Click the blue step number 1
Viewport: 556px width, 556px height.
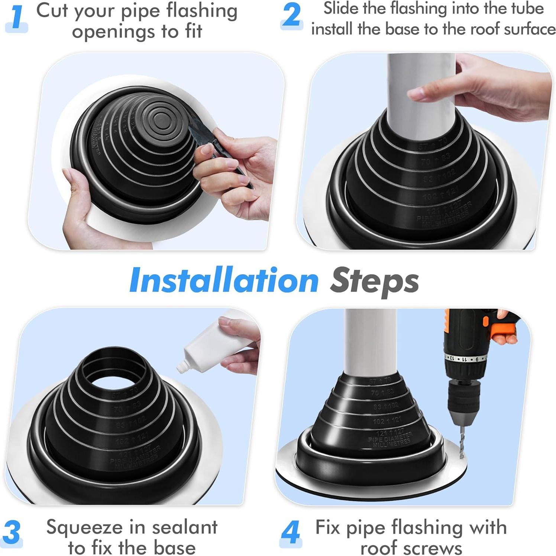17,18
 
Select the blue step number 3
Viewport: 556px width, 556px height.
12,533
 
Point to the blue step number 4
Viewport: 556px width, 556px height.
290,533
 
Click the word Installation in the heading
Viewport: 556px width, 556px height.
224,281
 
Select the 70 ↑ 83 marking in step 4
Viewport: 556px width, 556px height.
382,392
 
